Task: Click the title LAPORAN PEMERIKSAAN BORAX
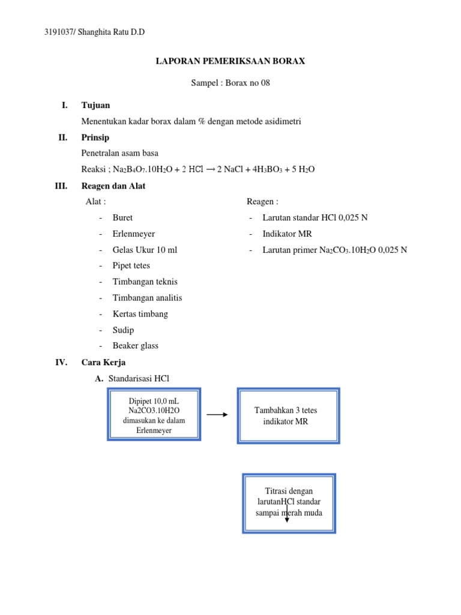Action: (230, 61)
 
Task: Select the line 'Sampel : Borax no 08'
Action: (230, 83)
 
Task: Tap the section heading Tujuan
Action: (95, 105)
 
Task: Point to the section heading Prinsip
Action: (96, 138)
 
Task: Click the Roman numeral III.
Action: (61, 186)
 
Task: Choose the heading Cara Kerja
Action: (103, 363)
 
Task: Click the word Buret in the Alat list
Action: (122, 217)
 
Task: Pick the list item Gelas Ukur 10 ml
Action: (145, 250)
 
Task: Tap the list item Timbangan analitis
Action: (147, 298)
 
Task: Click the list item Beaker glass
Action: (135, 346)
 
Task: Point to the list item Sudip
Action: (123, 330)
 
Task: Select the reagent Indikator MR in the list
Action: (287, 234)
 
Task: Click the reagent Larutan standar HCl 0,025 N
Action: (315, 217)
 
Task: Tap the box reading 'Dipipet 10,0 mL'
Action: (154, 414)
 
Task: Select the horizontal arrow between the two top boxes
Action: (217, 414)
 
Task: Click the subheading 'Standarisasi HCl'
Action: (139, 379)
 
